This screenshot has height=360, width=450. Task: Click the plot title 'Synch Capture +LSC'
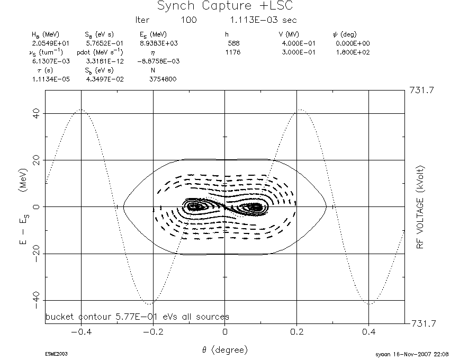(225, 6)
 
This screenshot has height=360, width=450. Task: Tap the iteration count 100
(188, 20)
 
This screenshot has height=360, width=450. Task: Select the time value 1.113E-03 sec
(263, 20)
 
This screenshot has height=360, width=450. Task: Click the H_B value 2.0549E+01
(50, 43)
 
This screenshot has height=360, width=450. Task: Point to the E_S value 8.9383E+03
(159, 43)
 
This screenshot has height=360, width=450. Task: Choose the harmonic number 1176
(233, 52)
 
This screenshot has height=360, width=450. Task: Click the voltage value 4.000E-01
(299, 43)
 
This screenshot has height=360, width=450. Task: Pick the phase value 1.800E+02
(353, 52)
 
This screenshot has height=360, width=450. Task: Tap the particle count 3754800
(163, 79)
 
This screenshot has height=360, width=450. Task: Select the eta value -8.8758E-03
(158, 61)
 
